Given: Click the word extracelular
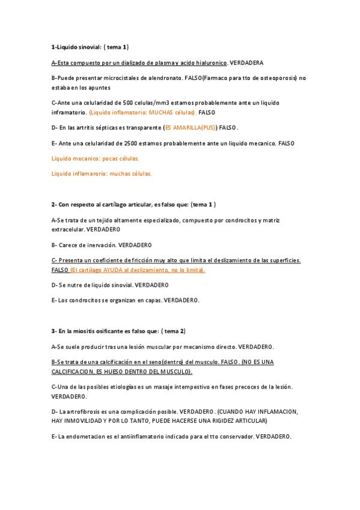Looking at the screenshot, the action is (x=67, y=229).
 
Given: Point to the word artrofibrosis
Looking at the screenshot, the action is (x=81, y=411).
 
